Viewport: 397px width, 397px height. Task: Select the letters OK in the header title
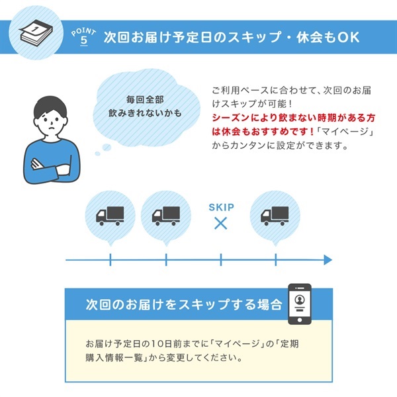[x=348, y=37]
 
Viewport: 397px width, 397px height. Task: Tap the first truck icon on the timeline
[x=110, y=215]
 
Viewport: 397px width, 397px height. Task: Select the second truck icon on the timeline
[x=165, y=215]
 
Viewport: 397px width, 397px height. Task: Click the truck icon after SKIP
[x=275, y=215]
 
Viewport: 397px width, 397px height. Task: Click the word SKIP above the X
[x=221, y=206]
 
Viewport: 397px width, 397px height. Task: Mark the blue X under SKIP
[x=221, y=224]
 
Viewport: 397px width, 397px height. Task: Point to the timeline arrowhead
[x=327, y=260]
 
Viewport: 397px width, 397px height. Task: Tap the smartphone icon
[x=299, y=304]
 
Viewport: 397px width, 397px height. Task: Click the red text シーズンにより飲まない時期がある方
[x=294, y=117]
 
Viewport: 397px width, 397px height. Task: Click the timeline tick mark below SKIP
[x=221, y=260]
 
